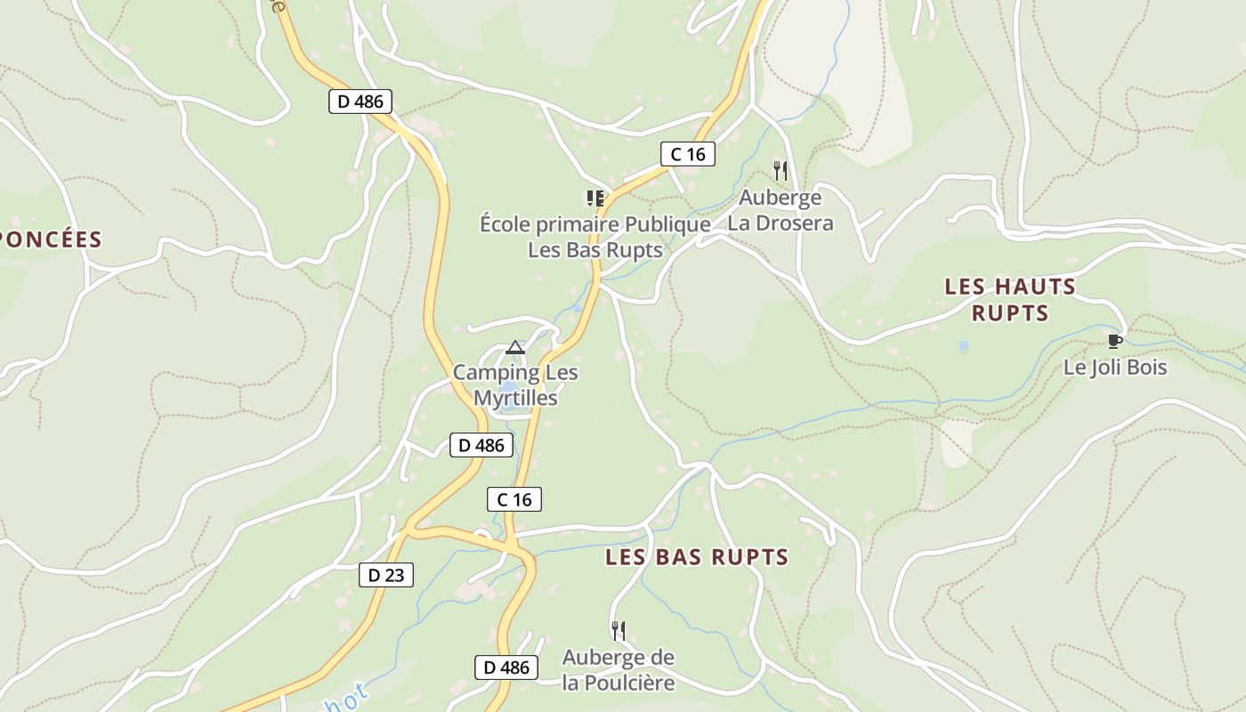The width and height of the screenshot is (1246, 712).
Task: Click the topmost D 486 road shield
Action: click(x=360, y=101)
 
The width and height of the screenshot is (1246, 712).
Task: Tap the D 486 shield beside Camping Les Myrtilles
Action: click(x=481, y=445)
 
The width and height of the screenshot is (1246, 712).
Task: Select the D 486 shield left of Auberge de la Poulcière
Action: click(x=506, y=667)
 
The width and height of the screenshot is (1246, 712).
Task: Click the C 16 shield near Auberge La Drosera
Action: click(x=687, y=154)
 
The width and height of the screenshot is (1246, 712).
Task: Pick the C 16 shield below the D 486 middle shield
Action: click(x=514, y=499)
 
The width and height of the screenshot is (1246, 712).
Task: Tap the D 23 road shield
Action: click(x=386, y=575)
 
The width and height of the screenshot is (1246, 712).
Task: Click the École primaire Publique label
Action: click(x=595, y=237)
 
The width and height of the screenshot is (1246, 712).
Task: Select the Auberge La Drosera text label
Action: click(x=781, y=210)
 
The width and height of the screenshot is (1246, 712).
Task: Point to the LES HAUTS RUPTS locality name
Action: click(x=1010, y=300)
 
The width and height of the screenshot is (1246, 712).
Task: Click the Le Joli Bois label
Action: click(x=1115, y=367)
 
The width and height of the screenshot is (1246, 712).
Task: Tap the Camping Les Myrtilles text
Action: click(x=515, y=385)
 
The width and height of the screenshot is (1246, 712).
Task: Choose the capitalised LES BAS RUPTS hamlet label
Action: click(x=697, y=557)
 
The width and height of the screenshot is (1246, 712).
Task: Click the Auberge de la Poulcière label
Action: click(x=619, y=670)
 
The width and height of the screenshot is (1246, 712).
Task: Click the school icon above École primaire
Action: click(x=595, y=198)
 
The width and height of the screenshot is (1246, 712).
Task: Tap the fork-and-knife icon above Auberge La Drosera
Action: click(x=781, y=170)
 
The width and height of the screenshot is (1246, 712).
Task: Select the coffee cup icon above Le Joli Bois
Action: click(x=1114, y=341)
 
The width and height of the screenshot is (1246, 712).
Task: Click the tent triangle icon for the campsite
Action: click(x=515, y=347)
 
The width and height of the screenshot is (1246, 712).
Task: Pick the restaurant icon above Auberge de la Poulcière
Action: click(x=619, y=631)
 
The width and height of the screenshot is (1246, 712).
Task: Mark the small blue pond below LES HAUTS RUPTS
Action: click(x=964, y=344)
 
